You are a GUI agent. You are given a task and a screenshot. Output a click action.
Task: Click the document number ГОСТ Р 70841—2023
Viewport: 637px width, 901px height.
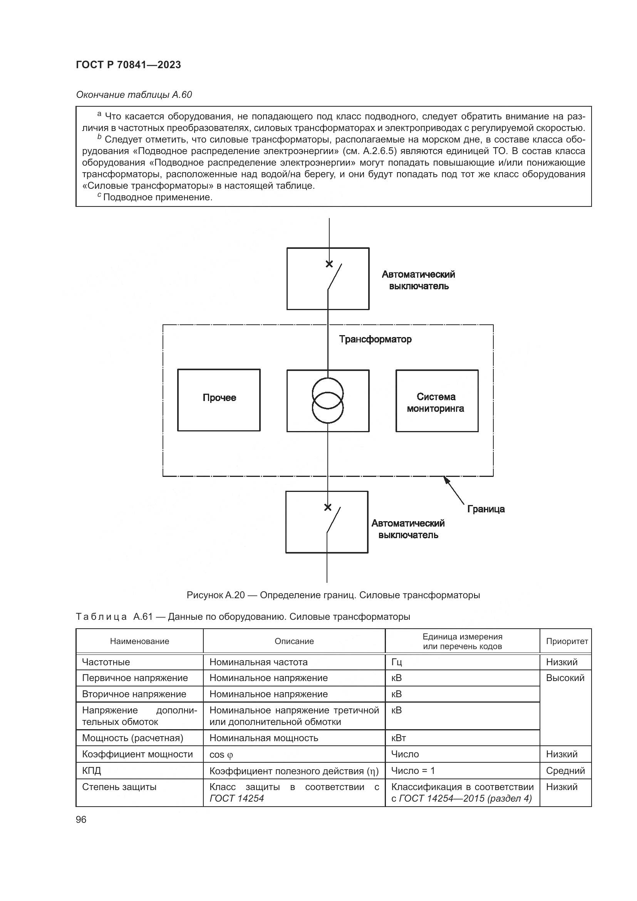128,65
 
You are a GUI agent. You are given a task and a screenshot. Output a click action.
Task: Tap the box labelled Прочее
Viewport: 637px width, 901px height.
219,400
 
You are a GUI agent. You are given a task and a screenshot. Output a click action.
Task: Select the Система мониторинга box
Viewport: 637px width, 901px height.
437,401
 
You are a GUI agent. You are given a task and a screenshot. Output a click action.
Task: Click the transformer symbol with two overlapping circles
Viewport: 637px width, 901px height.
327,401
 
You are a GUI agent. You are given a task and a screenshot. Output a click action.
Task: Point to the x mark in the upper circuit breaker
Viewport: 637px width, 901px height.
329,264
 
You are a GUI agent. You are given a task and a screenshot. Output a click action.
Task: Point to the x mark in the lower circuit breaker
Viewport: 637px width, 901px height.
328,507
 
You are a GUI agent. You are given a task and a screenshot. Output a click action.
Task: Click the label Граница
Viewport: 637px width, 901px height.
486,509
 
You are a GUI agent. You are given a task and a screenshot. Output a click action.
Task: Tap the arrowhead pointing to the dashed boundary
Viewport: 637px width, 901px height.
446,479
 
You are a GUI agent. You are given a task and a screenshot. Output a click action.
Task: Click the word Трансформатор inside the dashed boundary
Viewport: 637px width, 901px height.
375,339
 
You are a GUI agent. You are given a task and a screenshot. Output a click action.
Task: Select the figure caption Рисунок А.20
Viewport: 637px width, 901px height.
333,595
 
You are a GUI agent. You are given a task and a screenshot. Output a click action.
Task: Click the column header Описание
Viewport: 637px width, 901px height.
294,641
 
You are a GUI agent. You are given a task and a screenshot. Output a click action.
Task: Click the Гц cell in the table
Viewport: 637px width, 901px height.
397,662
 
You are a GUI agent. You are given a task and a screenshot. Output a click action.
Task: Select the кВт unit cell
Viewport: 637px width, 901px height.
399,738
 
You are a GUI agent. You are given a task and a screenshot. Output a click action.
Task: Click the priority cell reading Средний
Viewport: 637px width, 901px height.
565,771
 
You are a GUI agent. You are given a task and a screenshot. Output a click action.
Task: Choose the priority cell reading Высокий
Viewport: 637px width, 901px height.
565,678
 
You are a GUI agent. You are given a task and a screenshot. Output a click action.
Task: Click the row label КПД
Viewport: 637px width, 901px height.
91,771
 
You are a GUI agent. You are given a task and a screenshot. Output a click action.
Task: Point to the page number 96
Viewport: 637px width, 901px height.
81,819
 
